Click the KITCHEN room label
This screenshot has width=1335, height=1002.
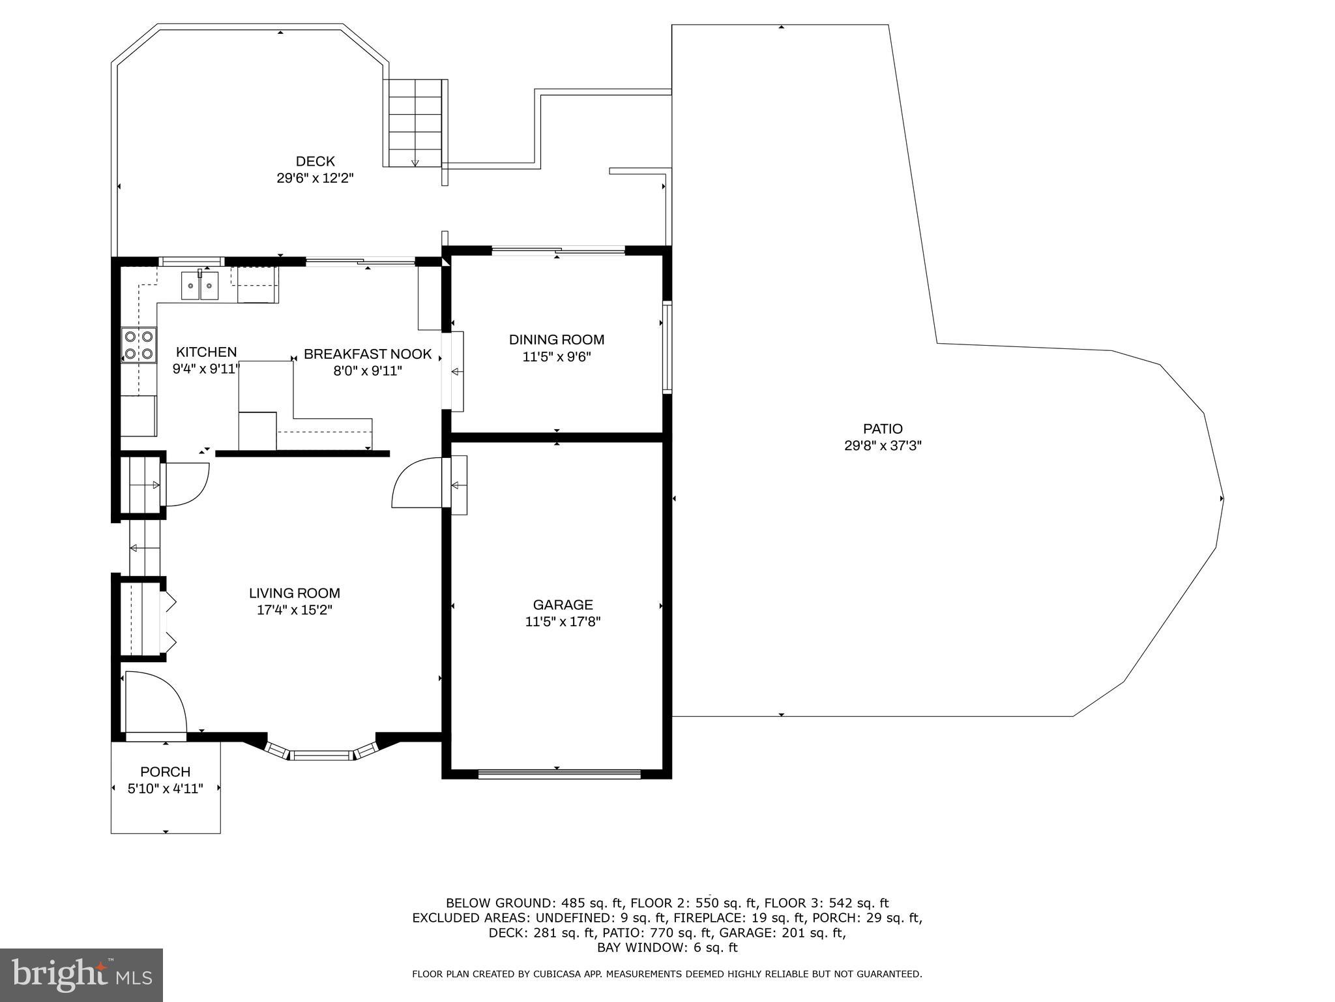(206, 352)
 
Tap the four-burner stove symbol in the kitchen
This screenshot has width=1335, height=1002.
(139, 346)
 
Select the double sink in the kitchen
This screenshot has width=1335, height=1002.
(200, 286)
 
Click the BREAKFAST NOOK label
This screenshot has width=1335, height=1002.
(368, 354)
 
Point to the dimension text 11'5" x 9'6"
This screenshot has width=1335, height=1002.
(556, 357)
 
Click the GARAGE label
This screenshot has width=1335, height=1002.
(563, 605)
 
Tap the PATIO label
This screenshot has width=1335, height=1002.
(883, 429)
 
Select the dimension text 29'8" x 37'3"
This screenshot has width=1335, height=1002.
(883, 446)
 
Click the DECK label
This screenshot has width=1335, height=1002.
(315, 161)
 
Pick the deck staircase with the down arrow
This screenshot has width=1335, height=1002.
(415, 123)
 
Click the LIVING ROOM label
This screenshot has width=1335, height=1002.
(295, 593)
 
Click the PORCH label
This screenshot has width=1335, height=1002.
(166, 772)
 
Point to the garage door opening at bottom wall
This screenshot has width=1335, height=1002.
(559, 774)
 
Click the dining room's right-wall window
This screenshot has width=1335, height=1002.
(667, 346)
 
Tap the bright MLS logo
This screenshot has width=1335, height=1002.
(81, 975)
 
